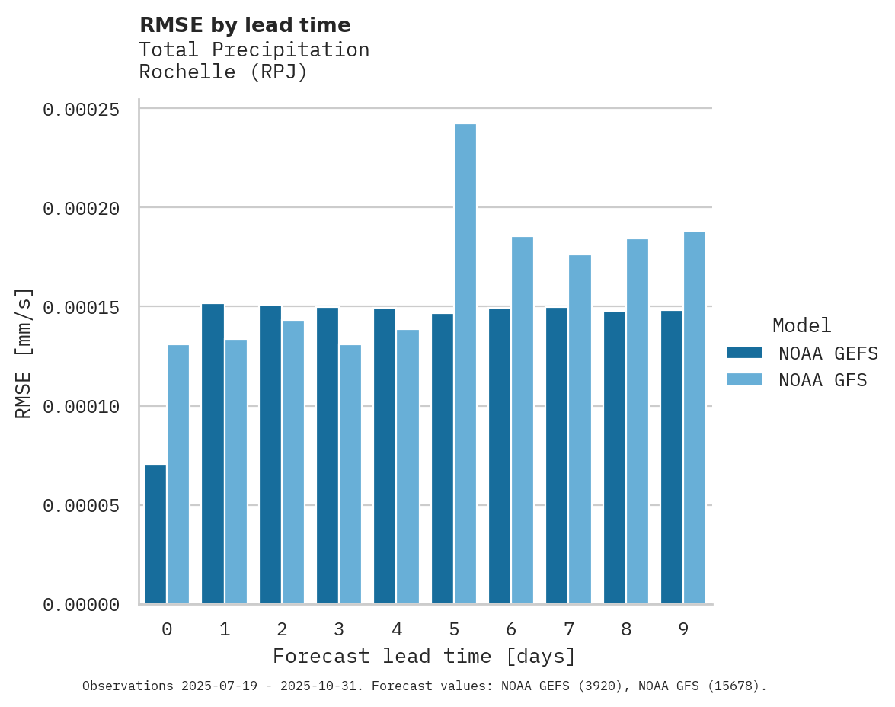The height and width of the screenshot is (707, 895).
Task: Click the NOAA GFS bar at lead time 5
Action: [x=465, y=364]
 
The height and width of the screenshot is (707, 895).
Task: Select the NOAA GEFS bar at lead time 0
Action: [x=155, y=534]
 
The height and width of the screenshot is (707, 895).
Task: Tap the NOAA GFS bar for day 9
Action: [x=695, y=417]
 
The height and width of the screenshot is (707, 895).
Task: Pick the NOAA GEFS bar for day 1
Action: [x=213, y=453]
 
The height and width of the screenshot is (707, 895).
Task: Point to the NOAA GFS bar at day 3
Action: [x=350, y=474]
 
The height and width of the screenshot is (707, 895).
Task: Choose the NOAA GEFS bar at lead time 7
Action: [x=557, y=456]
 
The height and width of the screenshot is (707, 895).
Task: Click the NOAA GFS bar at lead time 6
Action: [x=523, y=421]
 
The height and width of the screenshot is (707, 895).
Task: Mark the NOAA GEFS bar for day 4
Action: [x=385, y=456]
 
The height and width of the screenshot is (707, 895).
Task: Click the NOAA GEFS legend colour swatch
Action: [x=744, y=352]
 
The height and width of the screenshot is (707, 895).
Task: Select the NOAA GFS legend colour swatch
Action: [x=744, y=379]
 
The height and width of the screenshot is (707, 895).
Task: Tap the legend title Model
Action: [x=801, y=325]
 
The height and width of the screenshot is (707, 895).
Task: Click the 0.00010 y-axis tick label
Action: [x=82, y=407]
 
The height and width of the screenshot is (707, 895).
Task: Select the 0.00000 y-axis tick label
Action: [x=82, y=605]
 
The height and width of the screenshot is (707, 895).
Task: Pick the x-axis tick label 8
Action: [x=626, y=629]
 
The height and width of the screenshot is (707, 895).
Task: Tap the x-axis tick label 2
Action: [x=282, y=629]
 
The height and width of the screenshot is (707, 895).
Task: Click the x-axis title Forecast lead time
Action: [x=424, y=656]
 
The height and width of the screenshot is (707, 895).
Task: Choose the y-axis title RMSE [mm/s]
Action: [x=24, y=353]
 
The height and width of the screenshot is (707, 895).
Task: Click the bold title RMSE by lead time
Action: [x=245, y=25]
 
